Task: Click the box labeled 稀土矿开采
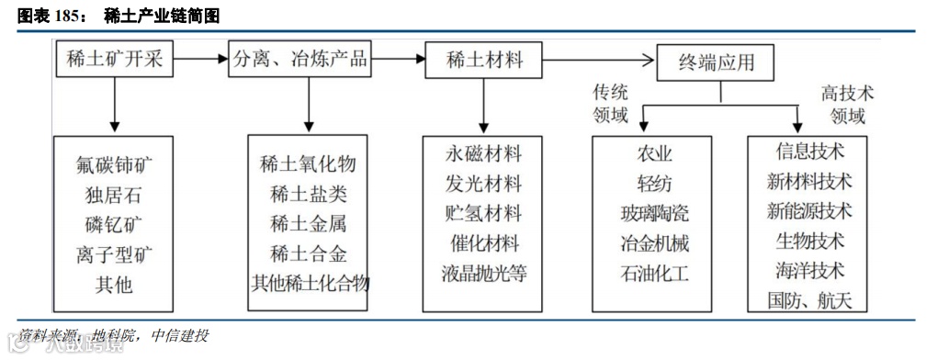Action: coord(115,61)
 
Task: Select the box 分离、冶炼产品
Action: coord(300,61)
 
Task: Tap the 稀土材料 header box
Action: coord(484,61)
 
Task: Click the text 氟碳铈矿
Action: coord(115,166)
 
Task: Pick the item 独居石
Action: coord(115,196)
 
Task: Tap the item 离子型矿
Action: coord(115,254)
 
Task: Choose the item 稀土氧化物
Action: coord(309,165)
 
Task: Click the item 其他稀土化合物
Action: coord(309,283)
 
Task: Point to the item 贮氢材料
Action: coord(483,214)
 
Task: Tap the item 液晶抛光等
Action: coord(483,274)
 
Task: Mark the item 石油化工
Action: coord(654,274)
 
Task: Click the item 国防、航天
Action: coord(809,299)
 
